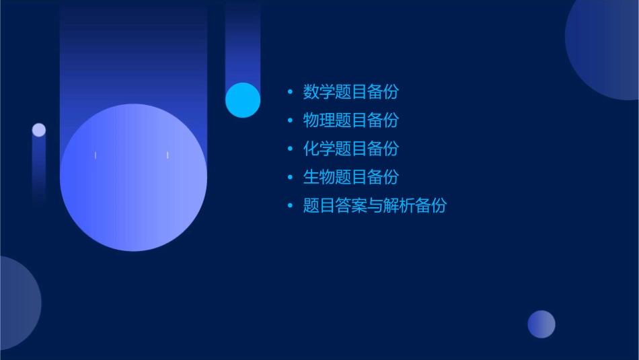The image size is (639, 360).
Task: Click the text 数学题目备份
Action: point(350,92)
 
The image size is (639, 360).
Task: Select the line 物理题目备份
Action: point(350,120)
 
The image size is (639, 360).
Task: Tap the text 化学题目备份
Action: point(350,149)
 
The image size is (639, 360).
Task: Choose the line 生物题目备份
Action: point(350,177)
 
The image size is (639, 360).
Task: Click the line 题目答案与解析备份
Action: point(375,206)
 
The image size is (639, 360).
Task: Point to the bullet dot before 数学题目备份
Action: point(290,92)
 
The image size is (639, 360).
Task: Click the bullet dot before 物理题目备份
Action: point(290,120)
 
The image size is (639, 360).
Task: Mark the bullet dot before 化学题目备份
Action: point(290,149)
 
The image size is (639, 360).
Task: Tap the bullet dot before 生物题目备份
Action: point(290,178)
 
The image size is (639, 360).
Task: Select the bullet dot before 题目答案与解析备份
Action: point(290,206)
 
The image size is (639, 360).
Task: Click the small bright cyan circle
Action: point(243,100)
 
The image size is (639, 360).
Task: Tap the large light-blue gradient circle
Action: point(133,178)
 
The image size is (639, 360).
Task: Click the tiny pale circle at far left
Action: point(39,130)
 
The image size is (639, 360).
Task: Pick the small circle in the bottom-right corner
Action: point(541,324)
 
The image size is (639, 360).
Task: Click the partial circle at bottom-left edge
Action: point(17,303)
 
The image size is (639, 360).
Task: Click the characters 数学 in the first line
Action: point(319,92)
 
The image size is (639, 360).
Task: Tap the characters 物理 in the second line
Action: point(319,120)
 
